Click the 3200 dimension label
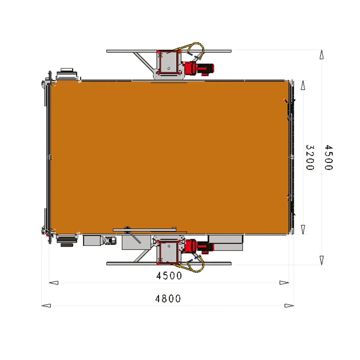[x=310, y=157]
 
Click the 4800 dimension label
[x=168, y=298]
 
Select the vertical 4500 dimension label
[x=328, y=157]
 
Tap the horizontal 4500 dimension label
[x=169, y=276]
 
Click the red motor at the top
[x=198, y=68]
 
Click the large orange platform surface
[x=169, y=157]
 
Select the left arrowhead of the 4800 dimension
[x=46, y=306]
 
